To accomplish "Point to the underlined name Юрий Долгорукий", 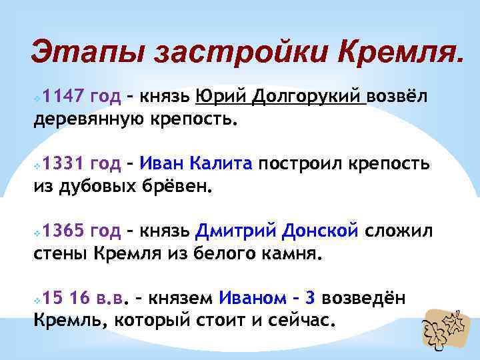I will (281, 97).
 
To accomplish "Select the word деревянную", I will (97, 120).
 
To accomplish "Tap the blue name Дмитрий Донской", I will (277, 231).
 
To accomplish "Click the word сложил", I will (400, 231).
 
